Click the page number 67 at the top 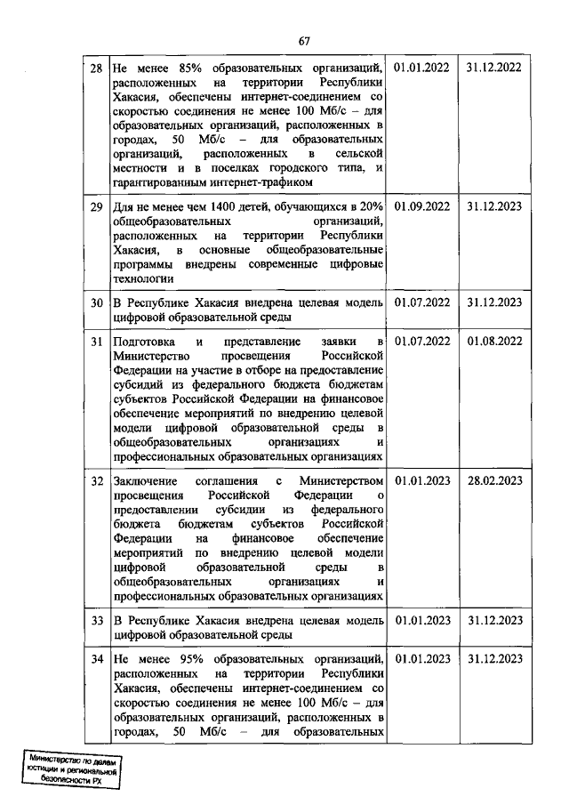(303, 41)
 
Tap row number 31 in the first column (96, 342)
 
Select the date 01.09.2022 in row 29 (421, 207)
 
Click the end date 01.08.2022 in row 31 (493, 342)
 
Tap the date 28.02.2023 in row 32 (493, 481)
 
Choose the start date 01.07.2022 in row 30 (421, 302)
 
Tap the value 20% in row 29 (371, 207)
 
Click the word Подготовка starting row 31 (145, 342)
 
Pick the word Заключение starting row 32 (146, 481)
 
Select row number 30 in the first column (96, 302)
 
